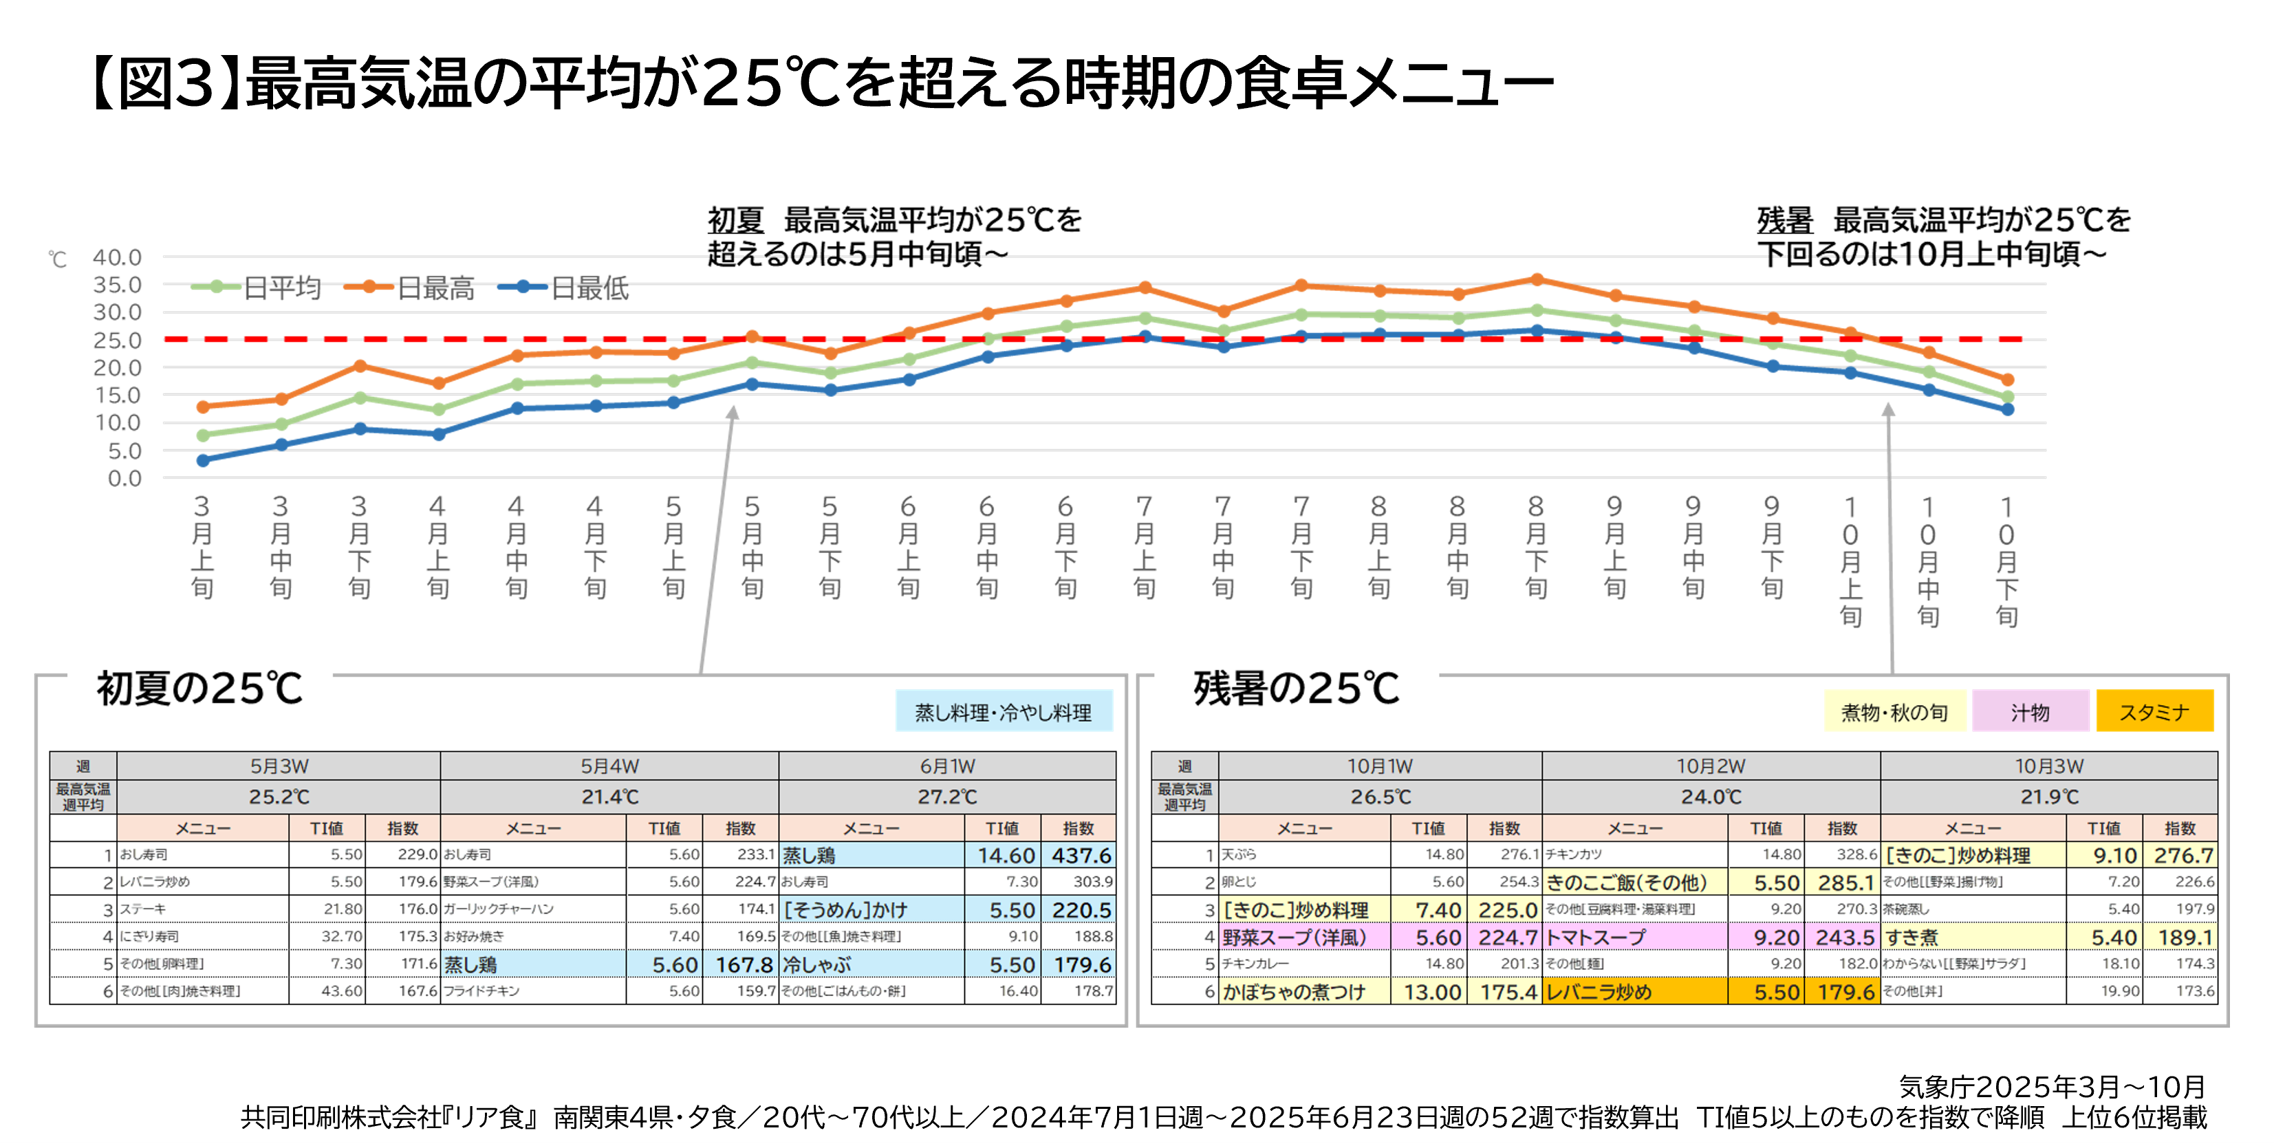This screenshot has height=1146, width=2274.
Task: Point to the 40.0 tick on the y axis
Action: tap(118, 257)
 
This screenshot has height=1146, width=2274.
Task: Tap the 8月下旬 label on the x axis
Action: tap(1536, 548)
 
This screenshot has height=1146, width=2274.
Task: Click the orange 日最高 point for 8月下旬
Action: tap(1537, 280)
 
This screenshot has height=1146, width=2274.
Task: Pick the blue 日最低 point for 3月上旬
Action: tap(203, 460)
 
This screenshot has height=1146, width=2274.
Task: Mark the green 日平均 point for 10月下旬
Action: tap(2007, 398)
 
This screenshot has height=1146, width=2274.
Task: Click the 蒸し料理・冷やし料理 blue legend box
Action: tap(1003, 712)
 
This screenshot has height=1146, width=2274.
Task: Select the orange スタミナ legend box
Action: tap(2154, 712)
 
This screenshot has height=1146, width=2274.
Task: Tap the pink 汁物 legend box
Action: tap(2030, 712)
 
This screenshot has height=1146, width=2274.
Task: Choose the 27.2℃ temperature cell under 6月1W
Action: tap(946, 797)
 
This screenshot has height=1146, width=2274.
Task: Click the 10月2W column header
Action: tap(1710, 766)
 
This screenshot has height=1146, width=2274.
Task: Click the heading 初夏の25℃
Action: tap(199, 689)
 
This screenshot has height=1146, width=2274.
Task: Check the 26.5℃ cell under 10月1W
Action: tap(1380, 797)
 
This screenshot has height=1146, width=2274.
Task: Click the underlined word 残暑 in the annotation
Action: tap(1784, 220)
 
